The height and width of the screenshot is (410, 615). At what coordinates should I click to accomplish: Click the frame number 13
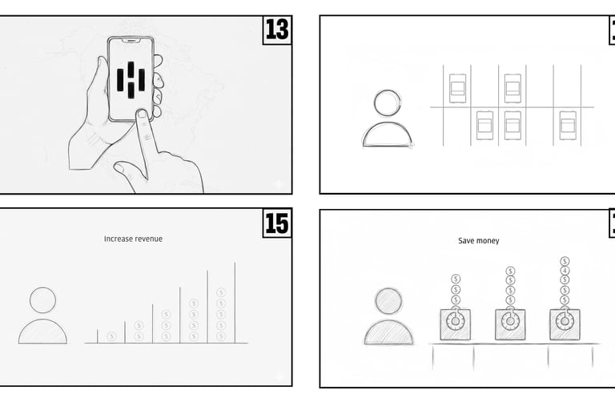click(x=277, y=30)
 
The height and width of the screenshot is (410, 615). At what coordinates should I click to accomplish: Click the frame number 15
click(x=277, y=223)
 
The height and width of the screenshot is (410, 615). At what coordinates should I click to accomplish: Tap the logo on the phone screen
click(x=131, y=80)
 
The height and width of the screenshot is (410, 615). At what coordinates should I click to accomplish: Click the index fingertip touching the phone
click(x=142, y=115)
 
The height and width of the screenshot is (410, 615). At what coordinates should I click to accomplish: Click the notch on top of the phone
click(x=131, y=40)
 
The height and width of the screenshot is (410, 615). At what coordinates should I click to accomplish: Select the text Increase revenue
click(x=133, y=239)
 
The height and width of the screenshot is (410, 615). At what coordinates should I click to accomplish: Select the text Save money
click(x=479, y=240)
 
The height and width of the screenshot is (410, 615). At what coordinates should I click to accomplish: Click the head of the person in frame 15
click(x=42, y=300)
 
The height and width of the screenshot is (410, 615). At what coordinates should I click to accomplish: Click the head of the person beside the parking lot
click(x=388, y=102)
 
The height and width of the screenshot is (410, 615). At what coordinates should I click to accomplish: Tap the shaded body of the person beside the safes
click(x=388, y=332)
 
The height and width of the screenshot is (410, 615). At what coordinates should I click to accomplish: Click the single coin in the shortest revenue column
click(x=111, y=336)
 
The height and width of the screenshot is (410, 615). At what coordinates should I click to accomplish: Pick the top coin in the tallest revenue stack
click(x=221, y=292)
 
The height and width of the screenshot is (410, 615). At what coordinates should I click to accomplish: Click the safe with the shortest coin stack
click(x=456, y=324)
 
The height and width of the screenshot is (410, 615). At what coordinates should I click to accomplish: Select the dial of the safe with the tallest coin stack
click(x=565, y=321)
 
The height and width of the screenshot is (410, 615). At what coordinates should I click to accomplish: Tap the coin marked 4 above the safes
click(x=565, y=271)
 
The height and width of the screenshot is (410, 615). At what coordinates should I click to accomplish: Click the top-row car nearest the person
click(x=457, y=88)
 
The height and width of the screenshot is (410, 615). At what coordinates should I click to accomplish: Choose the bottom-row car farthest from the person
click(x=568, y=126)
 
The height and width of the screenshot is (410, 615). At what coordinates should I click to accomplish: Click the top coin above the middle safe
click(x=510, y=271)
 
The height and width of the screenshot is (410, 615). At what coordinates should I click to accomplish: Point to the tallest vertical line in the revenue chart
click(x=235, y=303)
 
